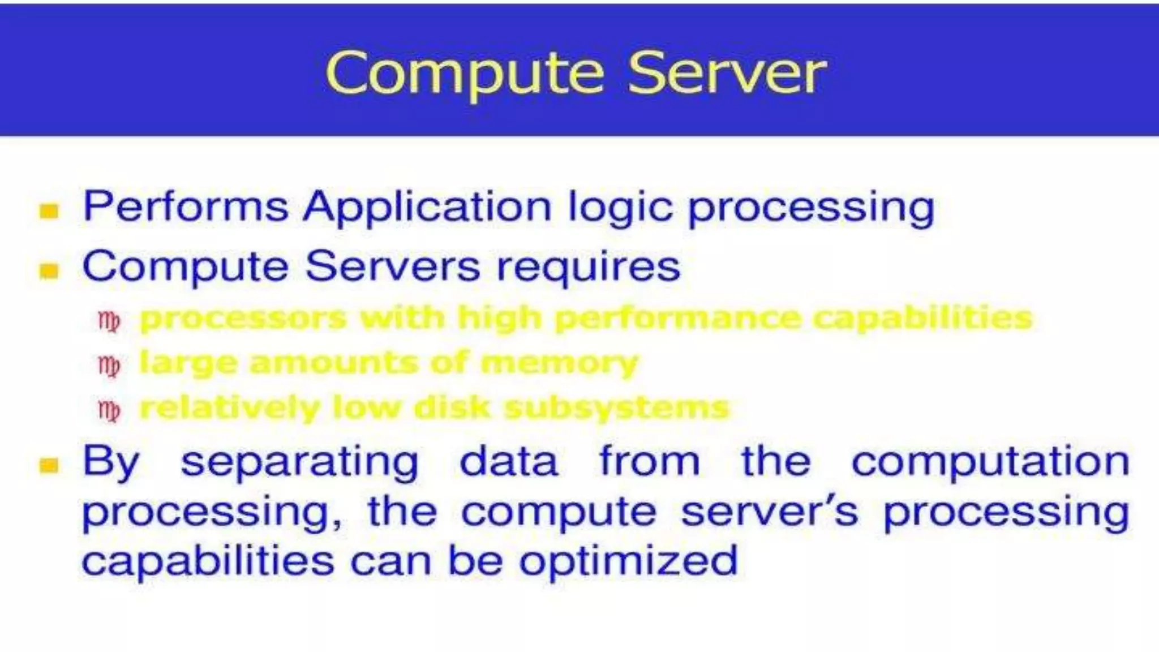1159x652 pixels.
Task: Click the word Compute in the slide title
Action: [465, 74]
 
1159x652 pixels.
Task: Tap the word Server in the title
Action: [727, 74]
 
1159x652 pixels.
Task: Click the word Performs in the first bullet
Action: [186, 207]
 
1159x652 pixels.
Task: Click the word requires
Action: [589, 268]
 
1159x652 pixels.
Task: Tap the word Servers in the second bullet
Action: [393, 267]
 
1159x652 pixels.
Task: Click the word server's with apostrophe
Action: [770, 512]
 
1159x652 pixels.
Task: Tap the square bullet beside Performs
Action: [49, 211]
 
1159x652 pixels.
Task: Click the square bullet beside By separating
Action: [49, 466]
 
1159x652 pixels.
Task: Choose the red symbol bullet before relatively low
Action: [109, 411]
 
